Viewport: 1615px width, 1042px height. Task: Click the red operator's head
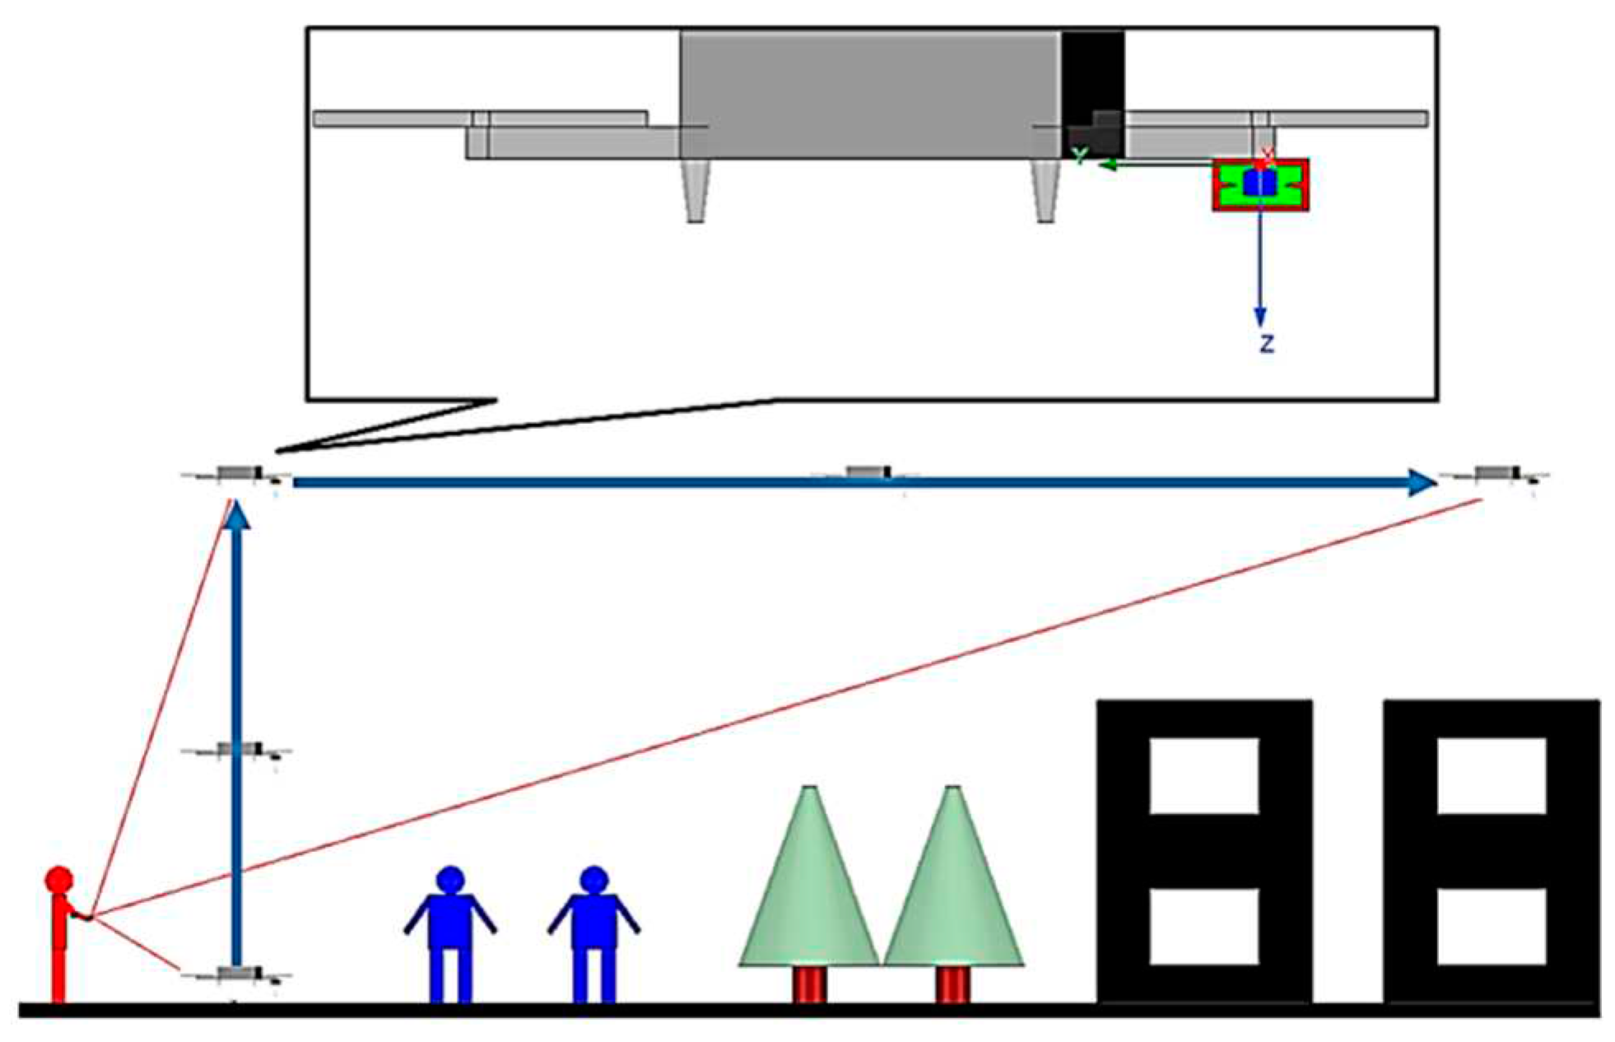click(59, 879)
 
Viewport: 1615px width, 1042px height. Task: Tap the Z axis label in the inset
click(1267, 344)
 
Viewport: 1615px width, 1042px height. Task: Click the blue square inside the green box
click(1259, 183)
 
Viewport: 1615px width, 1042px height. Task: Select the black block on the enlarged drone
click(1092, 91)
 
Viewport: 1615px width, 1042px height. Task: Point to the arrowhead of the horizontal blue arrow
click(1422, 483)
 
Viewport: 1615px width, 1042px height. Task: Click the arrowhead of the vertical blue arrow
click(237, 516)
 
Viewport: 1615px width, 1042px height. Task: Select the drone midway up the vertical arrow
click(237, 750)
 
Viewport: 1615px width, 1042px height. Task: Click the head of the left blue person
click(450, 879)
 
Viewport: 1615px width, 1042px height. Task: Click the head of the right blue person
click(593, 879)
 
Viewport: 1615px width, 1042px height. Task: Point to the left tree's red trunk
click(809, 984)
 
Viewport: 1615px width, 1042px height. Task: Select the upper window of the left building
click(1204, 775)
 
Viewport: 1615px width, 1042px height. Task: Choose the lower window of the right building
click(1492, 926)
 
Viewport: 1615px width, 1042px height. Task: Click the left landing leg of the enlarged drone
click(696, 191)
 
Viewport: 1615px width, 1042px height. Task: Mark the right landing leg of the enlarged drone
click(1045, 191)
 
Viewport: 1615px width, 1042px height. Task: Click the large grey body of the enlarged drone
click(870, 95)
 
